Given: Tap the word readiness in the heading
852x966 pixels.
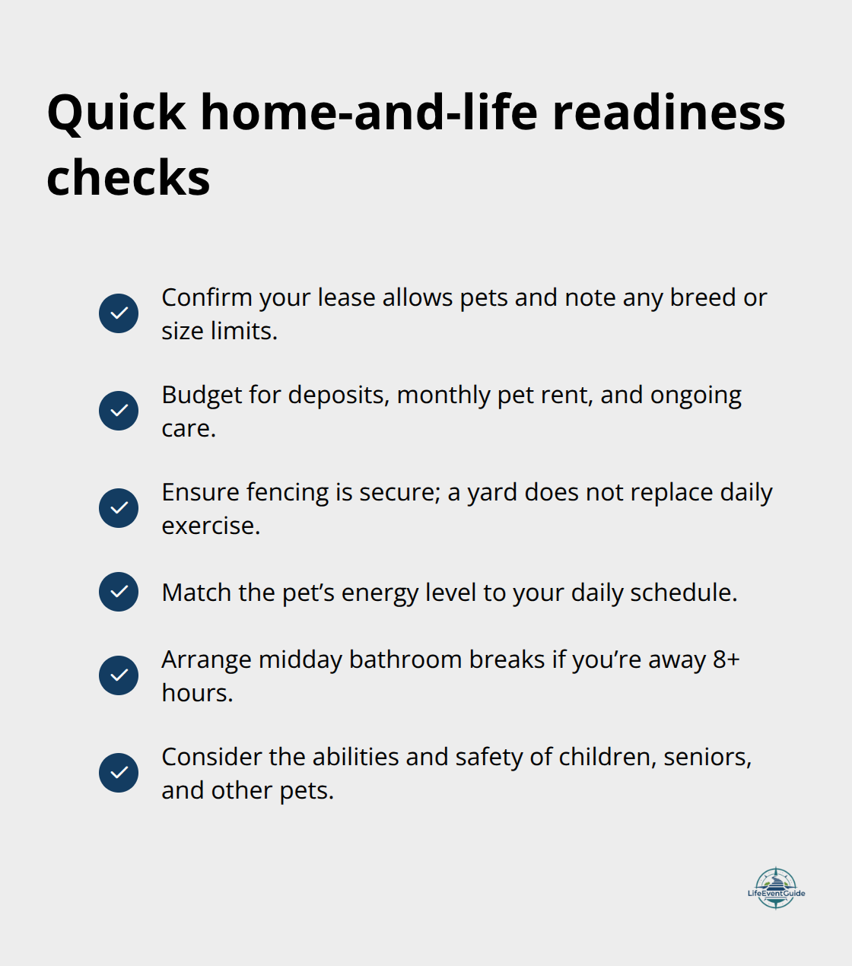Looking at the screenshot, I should pos(669,113).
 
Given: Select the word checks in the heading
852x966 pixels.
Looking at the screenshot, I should pos(128,179).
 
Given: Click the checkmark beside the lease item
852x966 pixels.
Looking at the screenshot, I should pos(119,313).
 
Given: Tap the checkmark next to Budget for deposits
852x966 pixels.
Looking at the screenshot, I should pos(119,411).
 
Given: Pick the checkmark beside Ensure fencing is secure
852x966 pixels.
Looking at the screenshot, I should pos(119,508).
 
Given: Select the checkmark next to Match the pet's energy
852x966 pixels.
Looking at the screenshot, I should pos(119,592).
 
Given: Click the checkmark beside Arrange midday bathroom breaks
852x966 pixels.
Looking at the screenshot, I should pos(119,675).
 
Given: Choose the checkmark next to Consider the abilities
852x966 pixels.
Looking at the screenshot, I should pos(119,773).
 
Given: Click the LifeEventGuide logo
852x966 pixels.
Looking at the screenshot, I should pos(776,888).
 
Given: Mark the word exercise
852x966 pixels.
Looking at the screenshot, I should pos(210,526).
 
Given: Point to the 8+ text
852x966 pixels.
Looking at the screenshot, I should pos(726,659).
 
